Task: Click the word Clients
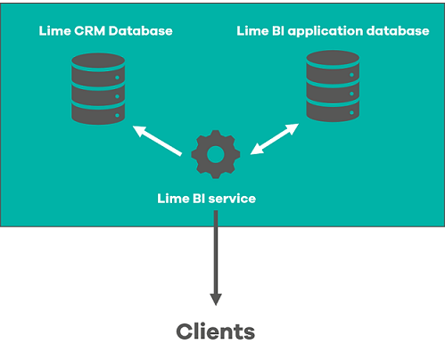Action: point(215,332)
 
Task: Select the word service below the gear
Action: point(233,198)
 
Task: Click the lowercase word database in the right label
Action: point(399,31)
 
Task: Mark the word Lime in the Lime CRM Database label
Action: point(54,31)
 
